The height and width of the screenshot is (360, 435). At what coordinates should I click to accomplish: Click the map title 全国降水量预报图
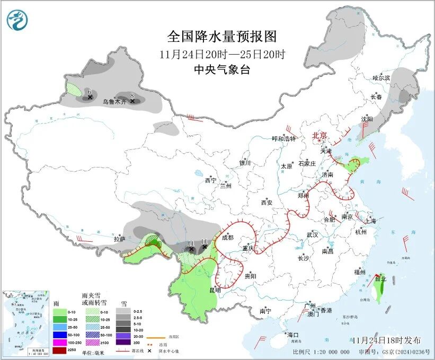click(221, 37)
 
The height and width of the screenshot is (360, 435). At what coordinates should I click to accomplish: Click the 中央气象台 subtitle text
click(221, 70)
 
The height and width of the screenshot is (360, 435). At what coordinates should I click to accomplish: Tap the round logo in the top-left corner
click(16, 20)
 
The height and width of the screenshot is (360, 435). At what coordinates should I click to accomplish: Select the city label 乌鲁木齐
click(114, 101)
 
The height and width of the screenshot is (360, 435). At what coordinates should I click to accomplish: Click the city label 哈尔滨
click(380, 78)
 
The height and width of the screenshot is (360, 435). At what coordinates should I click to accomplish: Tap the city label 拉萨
click(119, 239)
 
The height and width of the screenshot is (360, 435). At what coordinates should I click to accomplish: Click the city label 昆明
click(215, 290)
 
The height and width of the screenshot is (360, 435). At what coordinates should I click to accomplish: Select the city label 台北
click(380, 278)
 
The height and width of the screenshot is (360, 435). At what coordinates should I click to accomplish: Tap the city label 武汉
click(312, 234)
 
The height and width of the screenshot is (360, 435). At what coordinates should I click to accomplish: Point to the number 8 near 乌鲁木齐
click(132, 95)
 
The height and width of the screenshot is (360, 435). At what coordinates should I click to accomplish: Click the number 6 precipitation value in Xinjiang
click(90, 92)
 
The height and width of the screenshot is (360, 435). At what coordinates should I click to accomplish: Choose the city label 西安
click(266, 203)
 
